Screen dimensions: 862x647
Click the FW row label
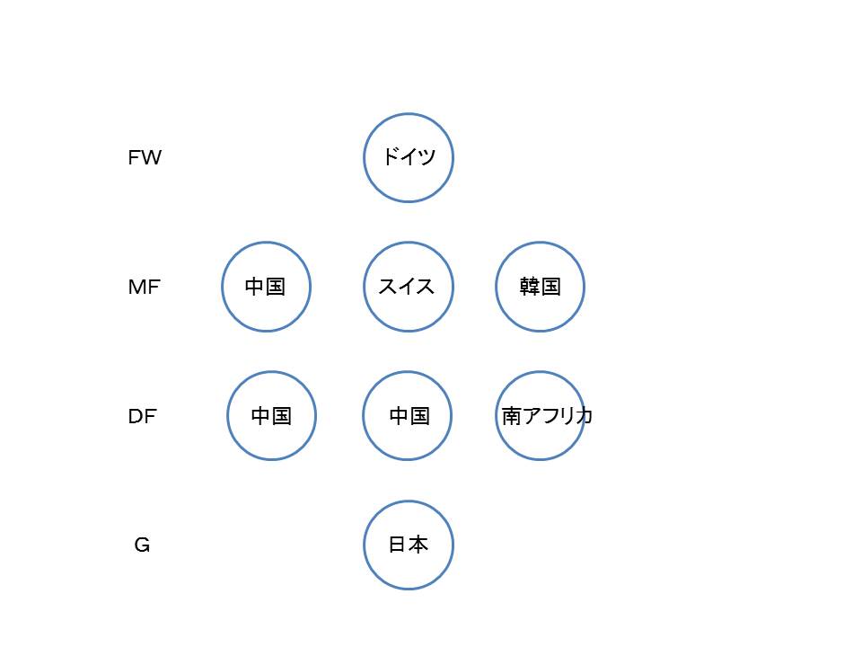point(145,158)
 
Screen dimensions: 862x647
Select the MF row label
point(144,287)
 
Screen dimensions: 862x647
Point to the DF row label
point(143,416)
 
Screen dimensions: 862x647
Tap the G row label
point(142,545)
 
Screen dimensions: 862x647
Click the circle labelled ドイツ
point(364,158)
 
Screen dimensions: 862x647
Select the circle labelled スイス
point(364,287)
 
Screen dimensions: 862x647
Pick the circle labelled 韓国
point(496,287)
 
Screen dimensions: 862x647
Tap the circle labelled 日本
point(364,545)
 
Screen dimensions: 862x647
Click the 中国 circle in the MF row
point(222,287)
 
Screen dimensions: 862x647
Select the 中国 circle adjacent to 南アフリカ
point(362,416)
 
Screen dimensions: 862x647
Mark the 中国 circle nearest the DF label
point(226,416)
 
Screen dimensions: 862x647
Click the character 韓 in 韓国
point(530,287)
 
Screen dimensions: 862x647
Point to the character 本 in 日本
point(418,545)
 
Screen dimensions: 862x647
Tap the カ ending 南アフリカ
point(584,416)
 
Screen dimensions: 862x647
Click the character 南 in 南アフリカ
point(511,416)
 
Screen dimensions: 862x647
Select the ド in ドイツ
point(391,156)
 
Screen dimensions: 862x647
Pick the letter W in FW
point(151,158)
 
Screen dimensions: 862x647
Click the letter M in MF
point(136,287)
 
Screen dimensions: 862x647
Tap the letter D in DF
point(136,416)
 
